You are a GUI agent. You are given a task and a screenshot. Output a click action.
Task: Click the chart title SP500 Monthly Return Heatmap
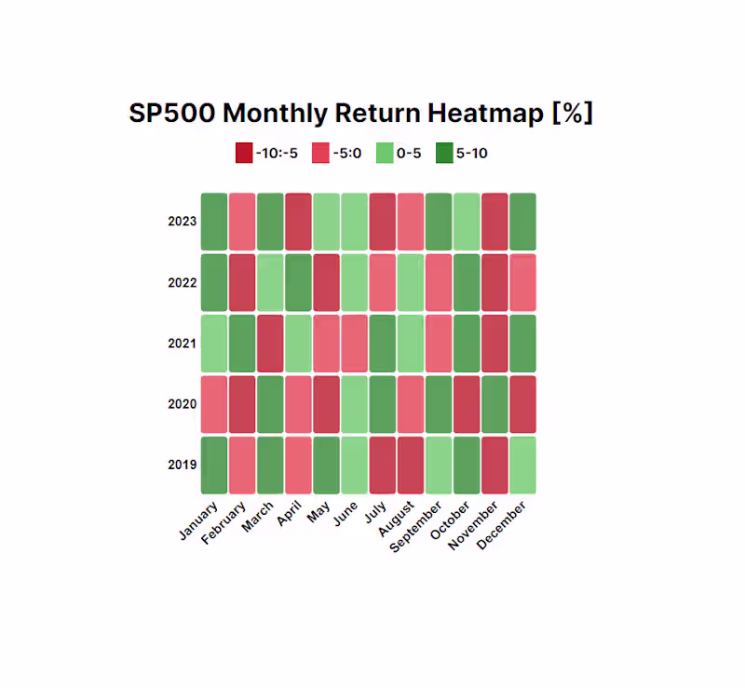pyautogui.click(x=361, y=114)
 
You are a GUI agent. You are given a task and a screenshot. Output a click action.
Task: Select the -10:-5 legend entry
pyautogui.click(x=266, y=153)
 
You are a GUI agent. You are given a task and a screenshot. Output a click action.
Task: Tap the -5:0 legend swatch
pyautogui.click(x=319, y=153)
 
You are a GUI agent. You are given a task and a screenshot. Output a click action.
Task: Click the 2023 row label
pyautogui.click(x=182, y=222)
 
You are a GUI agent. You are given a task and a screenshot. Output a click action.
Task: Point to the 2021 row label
pyautogui.click(x=182, y=344)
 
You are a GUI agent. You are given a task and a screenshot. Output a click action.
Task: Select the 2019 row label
pyautogui.click(x=182, y=465)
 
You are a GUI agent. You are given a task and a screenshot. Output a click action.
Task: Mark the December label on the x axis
pyautogui.click(x=503, y=523)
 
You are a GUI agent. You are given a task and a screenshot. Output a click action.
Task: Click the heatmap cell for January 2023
pyautogui.click(x=214, y=222)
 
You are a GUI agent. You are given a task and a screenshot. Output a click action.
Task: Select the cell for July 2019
pyautogui.click(x=383, y=465)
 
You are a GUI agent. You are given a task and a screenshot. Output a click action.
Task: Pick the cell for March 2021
pyautogui.click(x=270, y=344)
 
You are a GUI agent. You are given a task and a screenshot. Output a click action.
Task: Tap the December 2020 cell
pyautogui.click(x=522, y=404)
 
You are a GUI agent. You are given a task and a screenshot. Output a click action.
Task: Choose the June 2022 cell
pyautogui.click(x=354, y=282)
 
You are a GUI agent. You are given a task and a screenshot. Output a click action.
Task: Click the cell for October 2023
pyautogui.click(x=467, y=222)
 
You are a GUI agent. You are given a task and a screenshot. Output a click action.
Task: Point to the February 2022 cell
pyautogui.click(x=242, y=282)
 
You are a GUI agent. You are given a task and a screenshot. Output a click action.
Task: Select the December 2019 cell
pyautogui.click(x=522, y=465)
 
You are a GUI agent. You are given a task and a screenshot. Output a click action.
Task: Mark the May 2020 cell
pyautogui.click(x=326, y=404)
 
